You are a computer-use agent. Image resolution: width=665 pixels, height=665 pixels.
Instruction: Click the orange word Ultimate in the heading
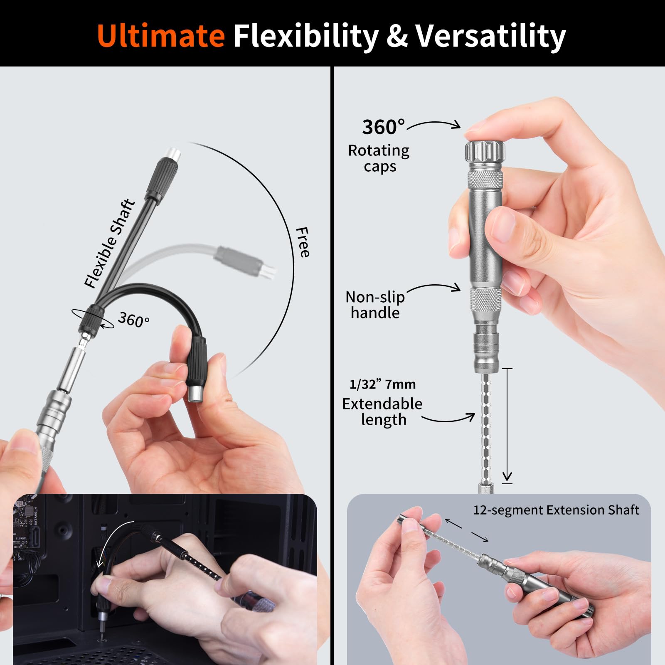click(161, 36)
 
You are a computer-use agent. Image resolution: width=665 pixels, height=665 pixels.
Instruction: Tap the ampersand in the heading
click(397, 36)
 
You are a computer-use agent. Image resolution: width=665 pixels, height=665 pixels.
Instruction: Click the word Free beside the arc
click(303, 242)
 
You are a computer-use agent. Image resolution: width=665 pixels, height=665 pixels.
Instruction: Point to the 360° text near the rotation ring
click(133, 320)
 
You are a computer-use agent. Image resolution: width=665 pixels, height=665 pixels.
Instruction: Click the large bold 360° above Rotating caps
click(383, 127)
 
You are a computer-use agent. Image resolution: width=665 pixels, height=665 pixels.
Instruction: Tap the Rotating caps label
click(379, 158)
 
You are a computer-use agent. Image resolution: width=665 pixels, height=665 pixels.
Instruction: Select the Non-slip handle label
click(375, 305)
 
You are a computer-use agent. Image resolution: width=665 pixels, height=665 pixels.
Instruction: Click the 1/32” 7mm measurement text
click(382, 384)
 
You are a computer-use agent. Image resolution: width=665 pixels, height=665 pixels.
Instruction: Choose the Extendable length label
click(382, 411)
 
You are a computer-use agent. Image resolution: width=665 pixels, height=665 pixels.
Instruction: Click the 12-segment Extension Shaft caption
click(556, 510)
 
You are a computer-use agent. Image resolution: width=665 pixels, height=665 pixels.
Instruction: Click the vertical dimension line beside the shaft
click(507, 424)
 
